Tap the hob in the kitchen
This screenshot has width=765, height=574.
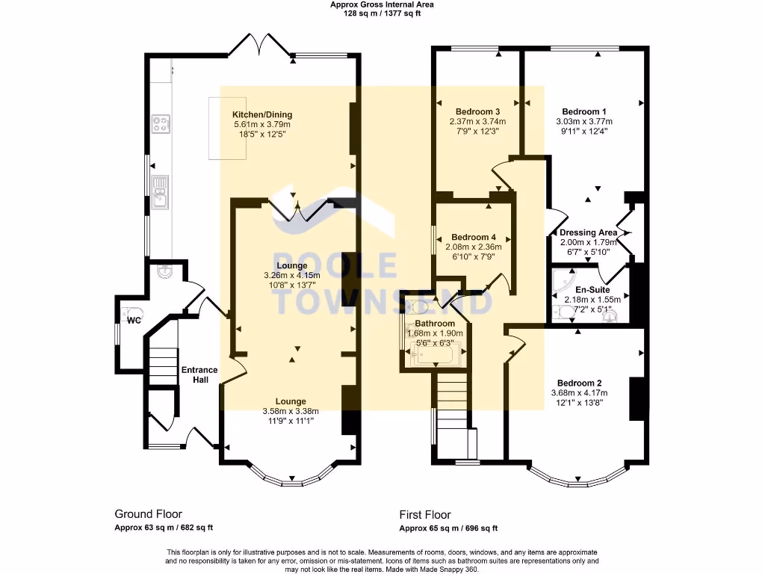pyautogui.click(x=161, y=123)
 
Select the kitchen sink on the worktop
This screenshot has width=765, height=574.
pyautogui.click(x=159, y=192)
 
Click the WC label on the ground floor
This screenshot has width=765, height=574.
pyautogui.click(x=134, y=321)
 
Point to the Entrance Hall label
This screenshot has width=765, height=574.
pyautogui.click(x=199, y=375)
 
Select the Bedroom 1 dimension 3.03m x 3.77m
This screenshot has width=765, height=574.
pyautogui.click(x=583, y=122)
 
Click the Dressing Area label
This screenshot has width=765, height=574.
pyautogui.click(x=589, y=232)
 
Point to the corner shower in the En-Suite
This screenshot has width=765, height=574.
pyautogui.click(x=562, y=283)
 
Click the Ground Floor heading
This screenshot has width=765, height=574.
pyautogui.click(x=148, y=514)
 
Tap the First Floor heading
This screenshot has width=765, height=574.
pyautogui.click(x=425, y=514)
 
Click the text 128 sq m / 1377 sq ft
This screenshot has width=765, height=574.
pyautogui.click(x=382, y=13)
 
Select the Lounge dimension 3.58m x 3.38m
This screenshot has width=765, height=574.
pyautogui.click(x=291, y=411)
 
